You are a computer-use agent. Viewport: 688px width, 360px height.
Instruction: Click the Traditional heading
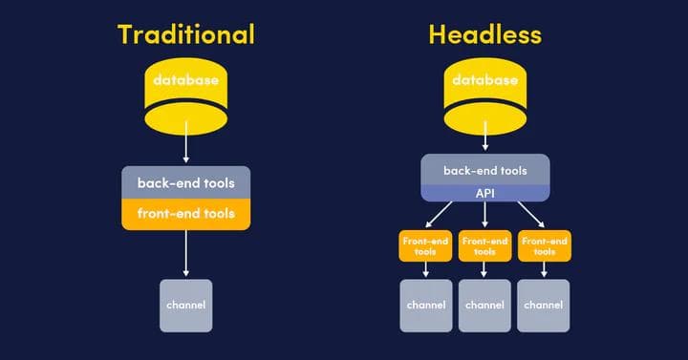[185, 35]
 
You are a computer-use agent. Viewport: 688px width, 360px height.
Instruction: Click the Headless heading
[484, 35]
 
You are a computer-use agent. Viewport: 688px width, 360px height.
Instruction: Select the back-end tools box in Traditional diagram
[185, 182]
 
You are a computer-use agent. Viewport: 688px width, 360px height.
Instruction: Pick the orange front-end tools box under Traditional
[185, 214]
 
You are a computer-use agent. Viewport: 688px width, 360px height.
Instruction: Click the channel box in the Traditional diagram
[185, 306]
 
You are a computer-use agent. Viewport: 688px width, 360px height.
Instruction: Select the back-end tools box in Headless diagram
[484, 170]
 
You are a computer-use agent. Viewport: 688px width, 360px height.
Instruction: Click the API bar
[484, 193]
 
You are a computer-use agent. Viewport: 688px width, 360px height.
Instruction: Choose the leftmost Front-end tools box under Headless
[425, 246]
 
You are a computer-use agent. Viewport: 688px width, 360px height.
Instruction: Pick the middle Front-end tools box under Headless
[484, 246]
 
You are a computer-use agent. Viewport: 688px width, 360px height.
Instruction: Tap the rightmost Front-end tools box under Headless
[545, 246]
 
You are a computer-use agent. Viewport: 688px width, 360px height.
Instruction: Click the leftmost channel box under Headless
[425, 306]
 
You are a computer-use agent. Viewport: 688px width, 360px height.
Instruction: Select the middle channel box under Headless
[484, 306]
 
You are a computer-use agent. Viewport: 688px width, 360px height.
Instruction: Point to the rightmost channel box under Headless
[545, 306]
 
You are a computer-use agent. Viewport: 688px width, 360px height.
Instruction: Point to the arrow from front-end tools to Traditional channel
[185, 253]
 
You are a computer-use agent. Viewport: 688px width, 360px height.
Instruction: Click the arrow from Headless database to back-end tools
[484, 139]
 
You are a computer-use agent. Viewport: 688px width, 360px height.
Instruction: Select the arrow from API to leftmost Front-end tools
[441, 214]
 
